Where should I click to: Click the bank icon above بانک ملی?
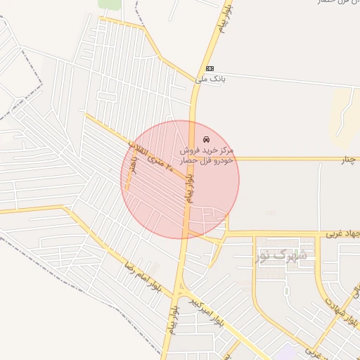(210, 68)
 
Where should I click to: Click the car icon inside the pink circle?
(205, 139)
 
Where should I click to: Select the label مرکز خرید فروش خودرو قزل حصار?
(207, 155)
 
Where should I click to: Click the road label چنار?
(350, 160)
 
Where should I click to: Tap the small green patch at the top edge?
(110, 4)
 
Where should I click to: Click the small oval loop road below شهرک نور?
(286, 290)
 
